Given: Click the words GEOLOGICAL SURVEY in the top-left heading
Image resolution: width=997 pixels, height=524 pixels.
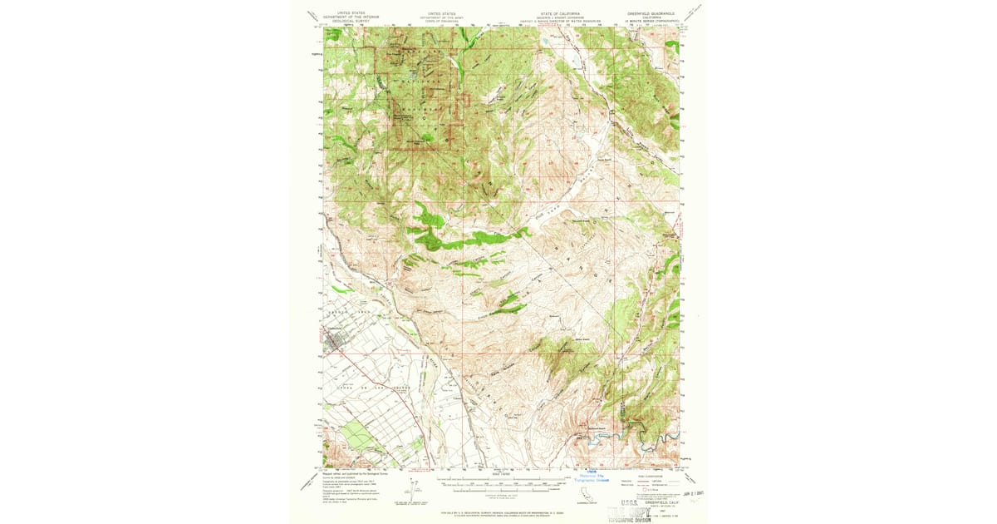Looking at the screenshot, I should click(x=349, y=21).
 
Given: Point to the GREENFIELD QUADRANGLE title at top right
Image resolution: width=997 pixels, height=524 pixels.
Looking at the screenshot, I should click(x=651, y=14).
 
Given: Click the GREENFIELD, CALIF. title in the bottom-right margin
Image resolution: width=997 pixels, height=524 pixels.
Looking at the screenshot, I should click(x=656, y=502).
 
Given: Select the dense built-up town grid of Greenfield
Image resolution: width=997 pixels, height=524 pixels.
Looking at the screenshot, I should click(x=336, y=339).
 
